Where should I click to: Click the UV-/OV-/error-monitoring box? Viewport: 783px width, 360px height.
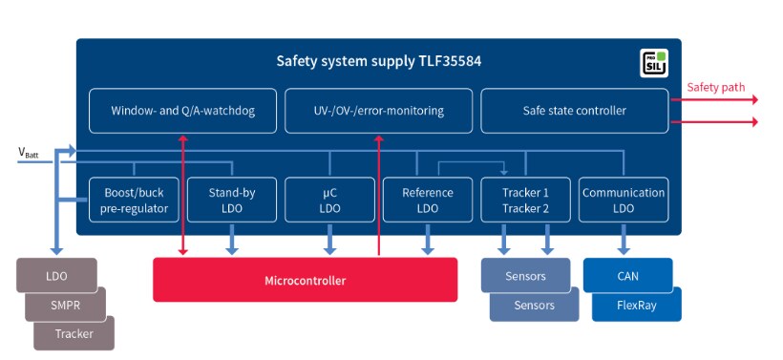[x=378, y=111]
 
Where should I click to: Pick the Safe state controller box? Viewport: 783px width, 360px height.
[x=575, y=111]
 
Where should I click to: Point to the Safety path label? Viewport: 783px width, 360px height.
[x=715, y=88]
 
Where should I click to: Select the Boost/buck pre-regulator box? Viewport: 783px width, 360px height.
[x=134, y=200]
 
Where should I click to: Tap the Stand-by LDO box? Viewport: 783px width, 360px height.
[x=232, y=200]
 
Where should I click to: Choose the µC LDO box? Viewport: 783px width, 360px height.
[x=329, y=200]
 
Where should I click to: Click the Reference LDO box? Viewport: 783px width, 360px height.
[x=428, y=200]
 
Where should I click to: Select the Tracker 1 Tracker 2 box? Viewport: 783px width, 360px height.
[x=525, y=200]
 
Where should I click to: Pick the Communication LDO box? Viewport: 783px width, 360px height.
[x=624, y=200]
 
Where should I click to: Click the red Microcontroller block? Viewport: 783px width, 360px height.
[x=305, y=280]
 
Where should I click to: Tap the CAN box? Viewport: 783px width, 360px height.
[x=627, y=276]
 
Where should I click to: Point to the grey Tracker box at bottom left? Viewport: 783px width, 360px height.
[x=74, y=333]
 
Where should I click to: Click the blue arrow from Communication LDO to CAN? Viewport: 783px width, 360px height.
[x=624, y=240]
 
